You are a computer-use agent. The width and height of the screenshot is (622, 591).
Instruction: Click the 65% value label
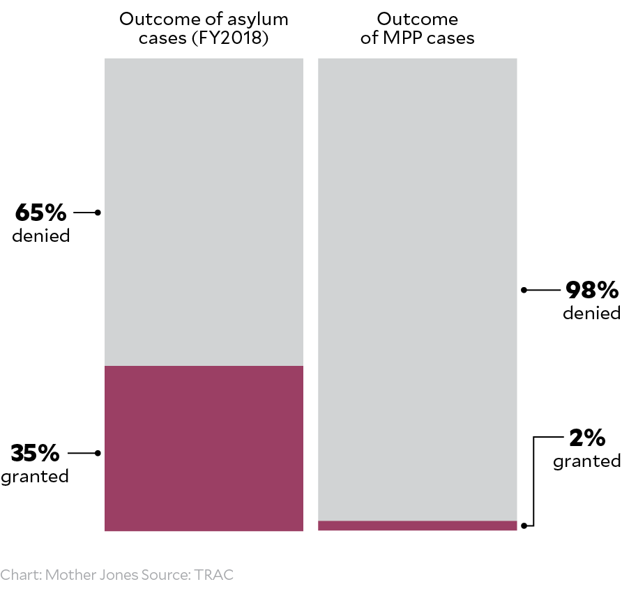tap(40, 211)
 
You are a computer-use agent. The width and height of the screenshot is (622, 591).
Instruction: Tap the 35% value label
tap(36, 453)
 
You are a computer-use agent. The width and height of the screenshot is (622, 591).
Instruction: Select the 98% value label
tap(592, 289)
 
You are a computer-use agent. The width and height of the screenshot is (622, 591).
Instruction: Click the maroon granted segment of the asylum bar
tap(204, 448)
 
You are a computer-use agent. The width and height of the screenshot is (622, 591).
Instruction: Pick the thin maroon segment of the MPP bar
tap(417, 525)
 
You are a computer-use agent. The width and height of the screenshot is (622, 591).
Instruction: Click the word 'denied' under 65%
tap(41, 236)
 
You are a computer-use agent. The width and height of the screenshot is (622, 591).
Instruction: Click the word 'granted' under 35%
tap(35, 477)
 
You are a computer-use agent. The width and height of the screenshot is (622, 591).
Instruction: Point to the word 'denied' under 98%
tap(591, 313)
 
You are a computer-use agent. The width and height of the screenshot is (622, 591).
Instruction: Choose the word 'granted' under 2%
tap(586, 461)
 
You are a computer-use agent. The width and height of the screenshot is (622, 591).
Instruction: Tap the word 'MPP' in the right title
tap(401, 38)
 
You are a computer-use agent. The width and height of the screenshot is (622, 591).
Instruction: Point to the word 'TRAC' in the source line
tap(214, 575)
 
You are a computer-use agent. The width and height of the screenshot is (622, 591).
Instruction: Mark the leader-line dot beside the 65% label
tap(98, 212)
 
